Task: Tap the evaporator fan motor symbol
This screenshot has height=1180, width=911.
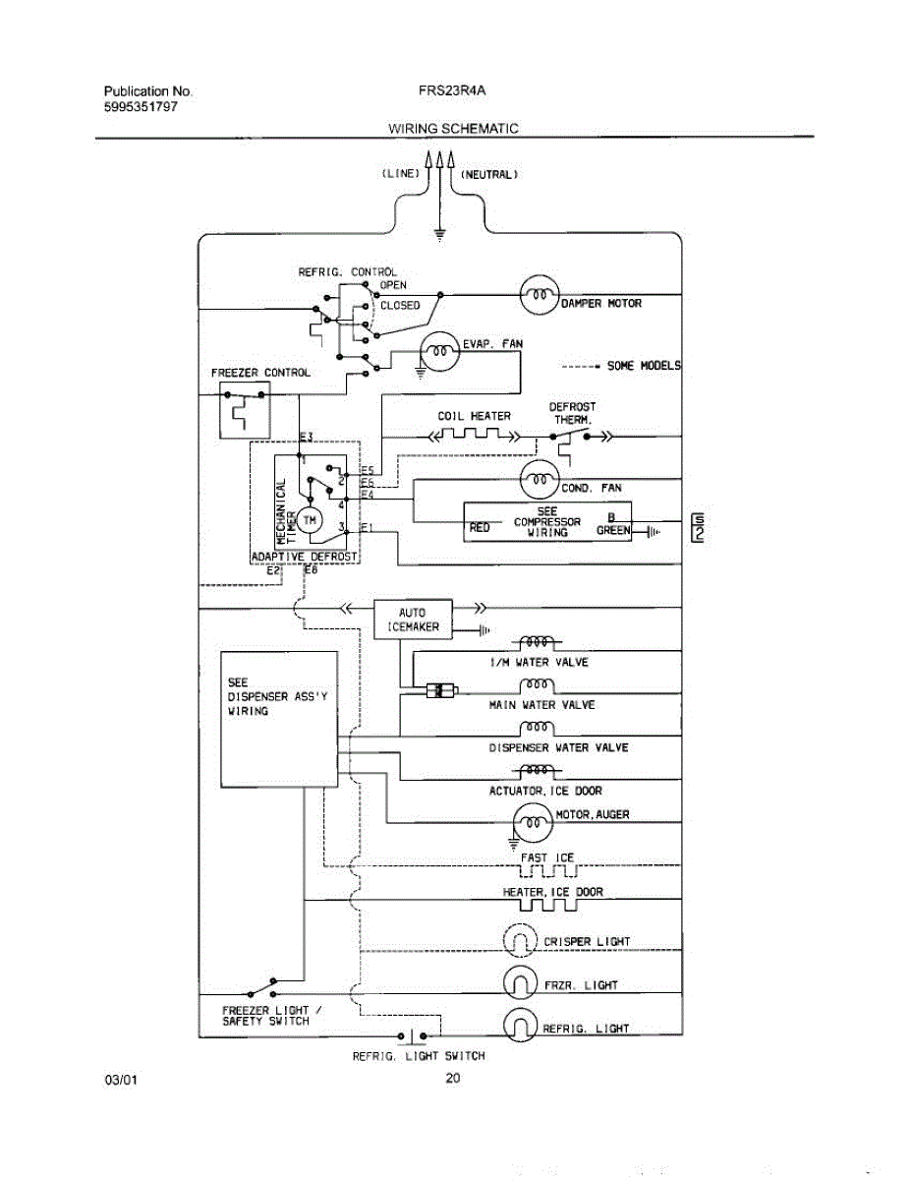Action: pyautogui.click(x=440, y=352)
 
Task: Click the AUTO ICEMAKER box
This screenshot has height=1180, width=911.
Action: pyautogui.click(x=413, y=619)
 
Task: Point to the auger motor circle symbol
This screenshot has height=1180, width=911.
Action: pyautogui.click(x=534, y=822)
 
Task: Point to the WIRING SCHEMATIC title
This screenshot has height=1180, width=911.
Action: pyautogui.click(x=453, y=128)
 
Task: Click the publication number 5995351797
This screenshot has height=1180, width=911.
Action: pyautogui.click(x=141, y=106)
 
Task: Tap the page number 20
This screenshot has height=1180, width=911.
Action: pyautogui.click(x=453, y=1079)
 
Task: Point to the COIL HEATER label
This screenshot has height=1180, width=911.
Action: pyautogui.click(x=474, y=416)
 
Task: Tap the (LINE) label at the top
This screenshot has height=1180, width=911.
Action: pyautogui.click(x=401, y=174)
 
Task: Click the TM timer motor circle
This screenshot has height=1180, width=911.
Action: pyautogui.click(x=311, y=518)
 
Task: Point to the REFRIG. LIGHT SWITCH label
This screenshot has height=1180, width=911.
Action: pyautogui.click(x=419, y=1056)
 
